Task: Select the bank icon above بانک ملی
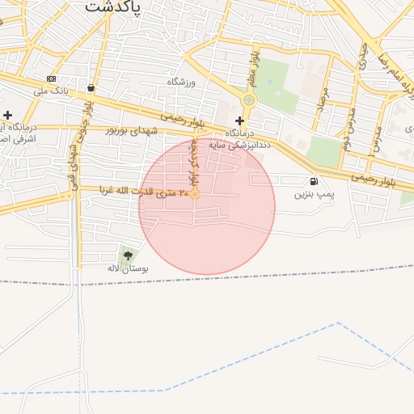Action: pyautogui.click(x=52, y=78)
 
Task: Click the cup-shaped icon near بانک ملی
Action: pyautogui.click(x=90, y=88)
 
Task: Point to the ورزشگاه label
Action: pyautogui.click(x=182, y=82)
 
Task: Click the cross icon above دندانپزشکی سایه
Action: pyautogui.click(x=239, y=120)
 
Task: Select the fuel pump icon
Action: pyautogui.click(x=314, y=182)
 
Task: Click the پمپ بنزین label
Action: pyautogui.click(x=314, y=194)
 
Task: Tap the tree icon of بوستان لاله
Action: pyautogui.click(x=127, y=256)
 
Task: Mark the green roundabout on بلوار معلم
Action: pyautogui.click(x=247, y=100)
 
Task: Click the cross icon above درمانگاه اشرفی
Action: pyautogui.click(x=8, y=116)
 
